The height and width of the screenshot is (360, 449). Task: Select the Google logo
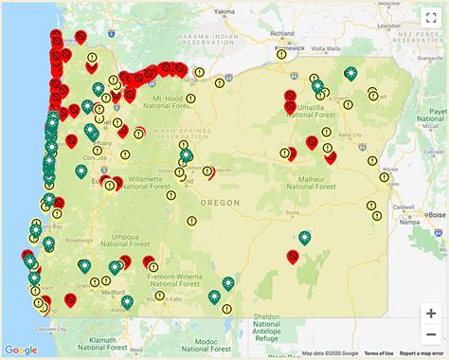click(21, 351)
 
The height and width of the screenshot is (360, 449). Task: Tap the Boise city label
click(437, 215)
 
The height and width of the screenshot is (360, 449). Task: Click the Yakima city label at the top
click(224, 13)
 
